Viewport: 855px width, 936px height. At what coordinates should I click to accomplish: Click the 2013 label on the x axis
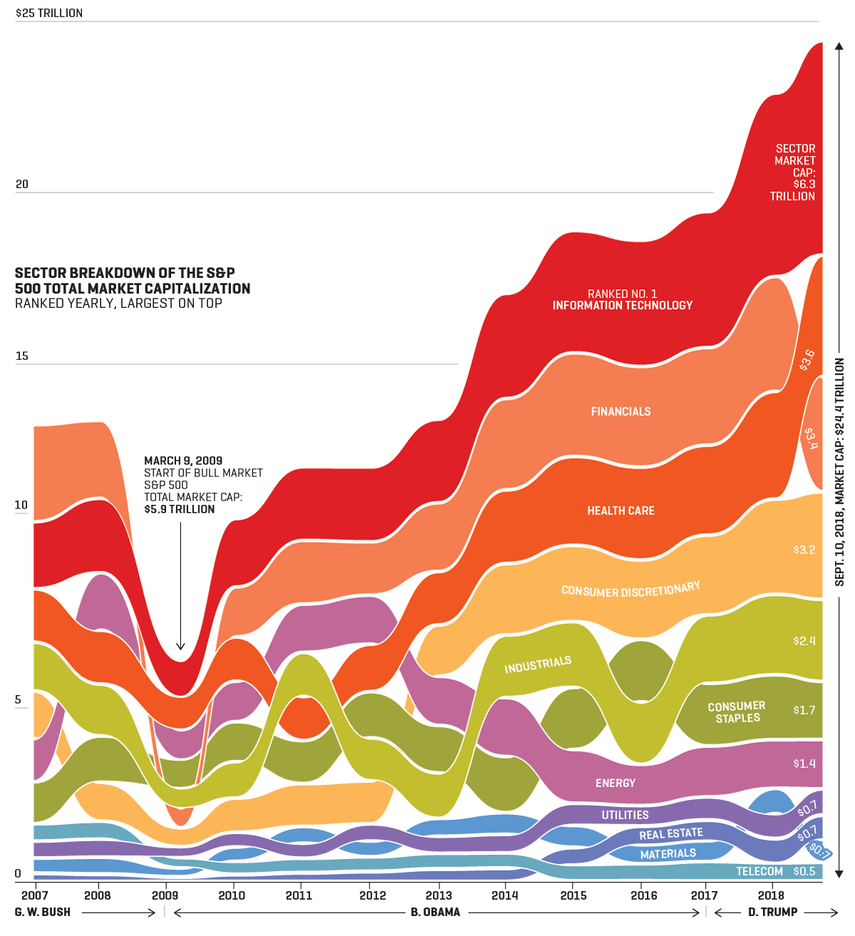(x=438, y=895)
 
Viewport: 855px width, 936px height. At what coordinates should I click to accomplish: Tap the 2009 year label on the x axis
(x=165, y=895)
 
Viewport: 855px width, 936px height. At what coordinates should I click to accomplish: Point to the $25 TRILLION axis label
(x=49, y=13)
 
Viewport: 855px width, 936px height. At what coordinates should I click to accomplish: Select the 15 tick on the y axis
(x=22, y=355)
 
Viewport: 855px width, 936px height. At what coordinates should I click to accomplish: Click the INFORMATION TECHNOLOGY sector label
(x=622, y=306)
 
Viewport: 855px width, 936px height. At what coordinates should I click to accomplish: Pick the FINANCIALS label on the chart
(x=621, y=412)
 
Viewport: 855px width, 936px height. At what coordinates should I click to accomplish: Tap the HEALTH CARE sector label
(x=621, y=511)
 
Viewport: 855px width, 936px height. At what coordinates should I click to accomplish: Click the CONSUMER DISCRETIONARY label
(x=631, y=590)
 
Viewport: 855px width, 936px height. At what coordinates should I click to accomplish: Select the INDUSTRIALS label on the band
(x=538, y=665)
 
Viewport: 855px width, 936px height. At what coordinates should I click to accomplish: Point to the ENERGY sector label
(x=616, y=783)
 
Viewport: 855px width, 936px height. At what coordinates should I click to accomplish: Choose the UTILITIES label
(x=625, y=815)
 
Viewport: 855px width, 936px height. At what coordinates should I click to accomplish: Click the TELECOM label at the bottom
(x=760, y=871)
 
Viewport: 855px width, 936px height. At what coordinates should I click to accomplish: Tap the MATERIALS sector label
(x=668, y=853)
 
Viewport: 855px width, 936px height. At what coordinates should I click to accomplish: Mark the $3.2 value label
(x=804, y=550)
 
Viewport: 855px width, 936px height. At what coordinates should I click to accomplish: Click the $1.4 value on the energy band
(x=804, y=764)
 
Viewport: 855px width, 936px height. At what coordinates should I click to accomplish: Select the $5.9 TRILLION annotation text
(x=179, y=509)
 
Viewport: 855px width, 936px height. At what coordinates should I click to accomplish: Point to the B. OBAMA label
(x=435, y=912)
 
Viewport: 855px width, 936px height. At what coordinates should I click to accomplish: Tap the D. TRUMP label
(x=773, y=912)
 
